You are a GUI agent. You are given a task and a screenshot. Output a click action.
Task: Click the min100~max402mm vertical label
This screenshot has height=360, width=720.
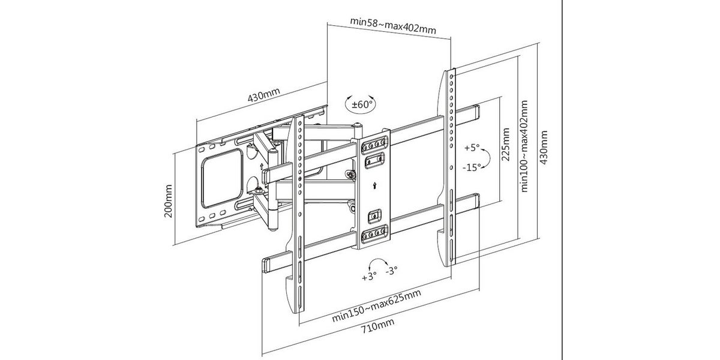(525, 146)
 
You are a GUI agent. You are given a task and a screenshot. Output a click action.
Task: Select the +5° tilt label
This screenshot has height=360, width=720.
(471, 147)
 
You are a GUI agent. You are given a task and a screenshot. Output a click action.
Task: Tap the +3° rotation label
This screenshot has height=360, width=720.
(369, 277)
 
